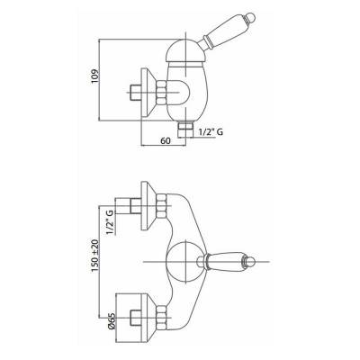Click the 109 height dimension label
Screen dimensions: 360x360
[x=94, y=76]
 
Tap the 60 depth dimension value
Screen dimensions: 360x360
[x=166, y=140]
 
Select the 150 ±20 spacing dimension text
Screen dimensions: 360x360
[x=94, y=256]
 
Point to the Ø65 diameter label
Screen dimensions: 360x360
[x=111, y=321]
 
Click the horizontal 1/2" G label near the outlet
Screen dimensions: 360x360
[x=211, y=132]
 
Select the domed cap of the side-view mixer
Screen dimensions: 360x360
[x=184, y=50]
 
